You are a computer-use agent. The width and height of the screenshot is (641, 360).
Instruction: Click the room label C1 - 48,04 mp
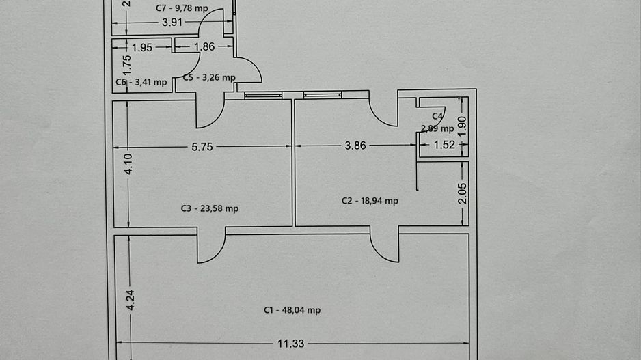point(292,311)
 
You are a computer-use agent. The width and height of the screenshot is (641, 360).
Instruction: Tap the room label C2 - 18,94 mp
point(370,201)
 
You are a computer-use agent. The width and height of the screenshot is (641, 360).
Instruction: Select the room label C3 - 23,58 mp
point(210,208)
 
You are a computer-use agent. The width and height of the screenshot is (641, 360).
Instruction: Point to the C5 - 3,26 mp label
point(209,77)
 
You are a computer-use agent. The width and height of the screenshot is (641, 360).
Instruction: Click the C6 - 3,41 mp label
point(141,82)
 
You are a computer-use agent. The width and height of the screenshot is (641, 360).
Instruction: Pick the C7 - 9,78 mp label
point(182,8)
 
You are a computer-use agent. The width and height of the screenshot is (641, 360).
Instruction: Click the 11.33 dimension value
point(290,344)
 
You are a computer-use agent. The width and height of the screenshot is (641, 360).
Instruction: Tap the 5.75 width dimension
point(202,147)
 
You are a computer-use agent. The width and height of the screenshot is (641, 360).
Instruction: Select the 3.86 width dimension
point(355,146)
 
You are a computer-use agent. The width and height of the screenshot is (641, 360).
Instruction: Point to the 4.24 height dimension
point(131,301)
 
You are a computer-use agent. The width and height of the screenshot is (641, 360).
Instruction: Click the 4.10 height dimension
point(128,164)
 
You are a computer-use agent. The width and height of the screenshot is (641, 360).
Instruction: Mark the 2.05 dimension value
point(463,194)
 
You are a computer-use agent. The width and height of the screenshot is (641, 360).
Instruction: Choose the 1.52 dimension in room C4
point(444,145)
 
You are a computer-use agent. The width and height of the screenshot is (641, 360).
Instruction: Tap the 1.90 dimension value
point(462,126)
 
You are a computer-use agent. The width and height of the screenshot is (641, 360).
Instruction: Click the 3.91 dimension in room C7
point(172,22)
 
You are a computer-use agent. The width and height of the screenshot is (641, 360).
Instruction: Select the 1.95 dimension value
point(142,47)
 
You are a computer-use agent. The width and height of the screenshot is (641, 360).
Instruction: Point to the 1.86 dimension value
point(204,46)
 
